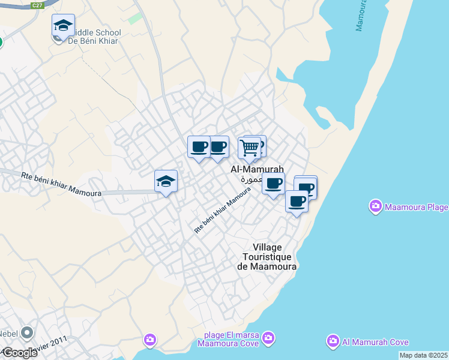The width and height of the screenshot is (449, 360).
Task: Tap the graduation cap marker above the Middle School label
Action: [x=63, y=26]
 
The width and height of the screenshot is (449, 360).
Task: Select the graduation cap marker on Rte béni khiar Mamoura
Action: [x=166, y=181]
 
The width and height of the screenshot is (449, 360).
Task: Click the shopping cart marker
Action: [x=249, y=148]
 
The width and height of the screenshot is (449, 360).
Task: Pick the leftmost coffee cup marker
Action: [x=199, y=147]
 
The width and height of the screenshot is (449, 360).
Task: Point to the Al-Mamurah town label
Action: [x=257, y=170]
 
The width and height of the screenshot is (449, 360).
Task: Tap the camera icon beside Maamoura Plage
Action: [x=376, y=207]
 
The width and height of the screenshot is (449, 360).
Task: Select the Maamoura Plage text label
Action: [x=416, y=208]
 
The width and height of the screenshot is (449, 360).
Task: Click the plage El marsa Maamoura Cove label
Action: [x=231, y=340]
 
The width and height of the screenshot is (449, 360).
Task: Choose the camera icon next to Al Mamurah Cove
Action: [x=333, y=342]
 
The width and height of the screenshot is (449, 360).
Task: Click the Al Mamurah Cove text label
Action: [x=375, y=342]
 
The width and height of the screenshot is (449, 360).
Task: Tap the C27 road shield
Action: [x=37, y=5]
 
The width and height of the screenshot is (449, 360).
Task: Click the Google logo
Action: [x=20, y=352]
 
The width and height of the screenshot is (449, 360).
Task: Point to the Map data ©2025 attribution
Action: [x=423, y=355]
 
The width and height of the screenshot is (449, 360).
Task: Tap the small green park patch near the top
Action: [x=135, y=18]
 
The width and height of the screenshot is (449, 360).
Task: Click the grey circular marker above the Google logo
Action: [x=27, y=332]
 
